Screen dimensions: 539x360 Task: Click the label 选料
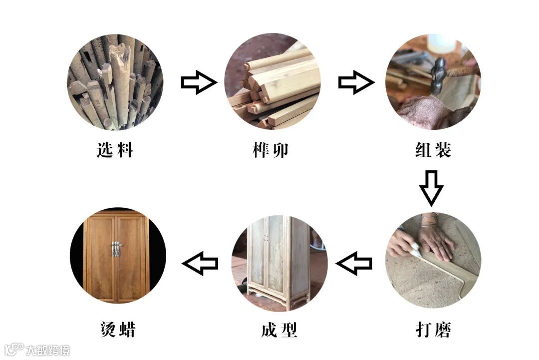click(115, 150)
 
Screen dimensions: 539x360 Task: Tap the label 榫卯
click(270, 150)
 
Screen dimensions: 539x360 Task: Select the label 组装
click(433, 150)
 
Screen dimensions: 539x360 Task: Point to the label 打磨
click(433, 330)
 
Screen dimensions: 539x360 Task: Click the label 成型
click(279, 330)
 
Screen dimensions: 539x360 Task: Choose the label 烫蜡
click(118, 330)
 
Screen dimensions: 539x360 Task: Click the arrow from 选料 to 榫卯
click(199, 82)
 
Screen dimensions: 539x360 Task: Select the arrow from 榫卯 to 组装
click(356, 82)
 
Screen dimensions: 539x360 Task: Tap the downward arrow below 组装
click(431, 188)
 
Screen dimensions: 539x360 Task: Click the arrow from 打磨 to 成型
click(354, 263)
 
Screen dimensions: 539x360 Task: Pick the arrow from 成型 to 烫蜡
click(200, 263)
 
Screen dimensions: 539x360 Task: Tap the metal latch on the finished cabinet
click(116, 249)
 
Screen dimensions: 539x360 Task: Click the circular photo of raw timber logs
click(115, 82)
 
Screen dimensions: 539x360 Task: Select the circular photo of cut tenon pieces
click(272, 82)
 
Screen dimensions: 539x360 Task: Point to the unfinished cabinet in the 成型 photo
click(279, 261)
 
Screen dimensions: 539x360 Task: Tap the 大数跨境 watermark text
click(48, 350)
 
